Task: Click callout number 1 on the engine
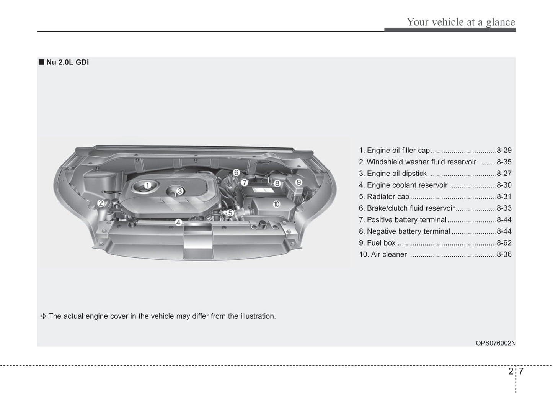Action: (x=147, y=186)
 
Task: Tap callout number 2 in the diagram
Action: (x=101, y=203)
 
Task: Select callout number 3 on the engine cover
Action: (x=179, y=191)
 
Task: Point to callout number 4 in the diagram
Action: (x=178, y=222)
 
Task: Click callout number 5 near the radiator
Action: (x=230, y=213)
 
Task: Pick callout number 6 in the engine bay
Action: (x=237, y=173)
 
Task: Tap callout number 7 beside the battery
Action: (x=244, y=183)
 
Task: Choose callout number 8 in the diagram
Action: (x=277, y=183)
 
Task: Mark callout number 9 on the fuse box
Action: (x=299, y=182)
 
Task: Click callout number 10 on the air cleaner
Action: (x=276, y=204)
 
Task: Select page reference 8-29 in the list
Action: (x=504, y=151)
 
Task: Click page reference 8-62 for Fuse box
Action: (x=504, y=243)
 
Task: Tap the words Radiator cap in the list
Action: (x=388, y=197)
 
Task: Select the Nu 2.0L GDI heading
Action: (x=67, y=62)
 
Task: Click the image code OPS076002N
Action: (x=496, y=343)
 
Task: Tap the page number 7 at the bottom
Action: (x=521, y=371)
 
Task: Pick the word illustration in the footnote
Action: (x=258, y=316)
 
